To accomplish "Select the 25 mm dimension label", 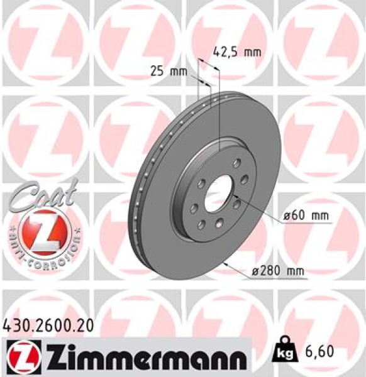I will click(169, 71).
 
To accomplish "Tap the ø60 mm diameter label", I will click(307, 216).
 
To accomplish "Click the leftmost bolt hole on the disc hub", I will click(192, 201).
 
